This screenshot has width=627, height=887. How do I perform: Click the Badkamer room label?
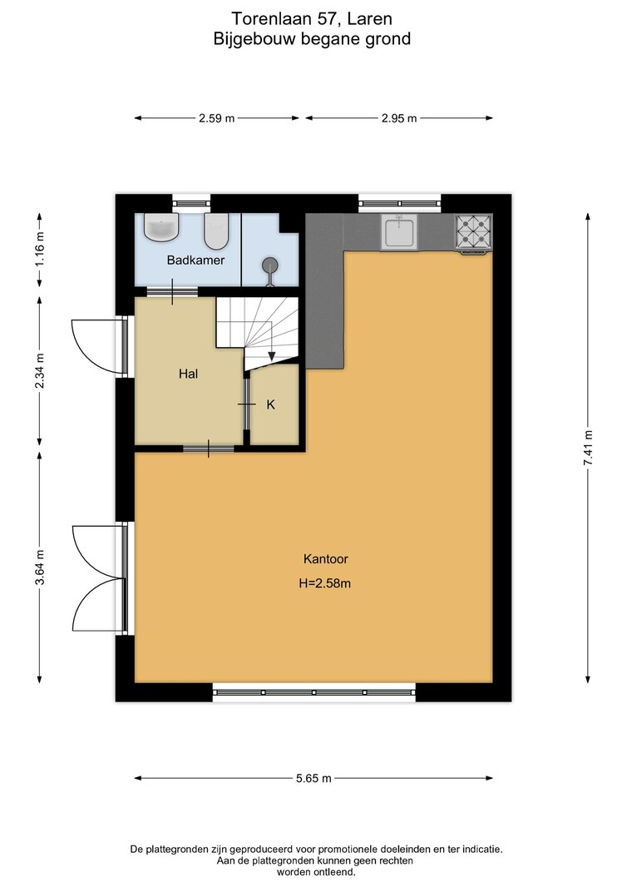pyautogui.click(x=195, y=260)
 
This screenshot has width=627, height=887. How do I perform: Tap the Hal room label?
pyautogui.click(x=188, y=374)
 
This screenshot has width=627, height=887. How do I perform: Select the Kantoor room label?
pyautogui.click(x=326, y=559)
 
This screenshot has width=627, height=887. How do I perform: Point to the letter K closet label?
pyautogui.click(x=270, y=404)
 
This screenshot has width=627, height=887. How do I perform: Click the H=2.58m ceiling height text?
pyautogui.click(x=325, y=583)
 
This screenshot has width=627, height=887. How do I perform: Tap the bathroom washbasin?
pyautogui.click(x=161, y=227)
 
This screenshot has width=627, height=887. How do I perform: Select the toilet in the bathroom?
pyautogui.click(x=215, y=230)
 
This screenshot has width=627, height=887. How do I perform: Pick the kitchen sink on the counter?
pyautogui.click(x=400, y=232)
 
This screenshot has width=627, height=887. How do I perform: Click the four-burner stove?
pyautogui.click(x=474, y=232)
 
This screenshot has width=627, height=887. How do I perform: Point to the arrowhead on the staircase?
pyautogui.click(x=271, y=356)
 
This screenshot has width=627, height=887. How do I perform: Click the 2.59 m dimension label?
pyautogui.click(x=216, y=118)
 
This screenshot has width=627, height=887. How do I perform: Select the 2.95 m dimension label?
pyautogui.click(x=399, y=118)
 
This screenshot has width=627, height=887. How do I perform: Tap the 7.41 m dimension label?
pyautogui.click(x=588, y=448)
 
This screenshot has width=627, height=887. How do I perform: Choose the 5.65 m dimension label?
pyautogui.click(x=313, y=778)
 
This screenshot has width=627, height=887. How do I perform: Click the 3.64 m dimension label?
pyautogui.click(x=40, y=568)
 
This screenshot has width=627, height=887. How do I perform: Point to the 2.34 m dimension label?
pyautogui.click(x=40, y=370)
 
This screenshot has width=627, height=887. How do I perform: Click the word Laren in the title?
pyautogui.click(x=369, y=18)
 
